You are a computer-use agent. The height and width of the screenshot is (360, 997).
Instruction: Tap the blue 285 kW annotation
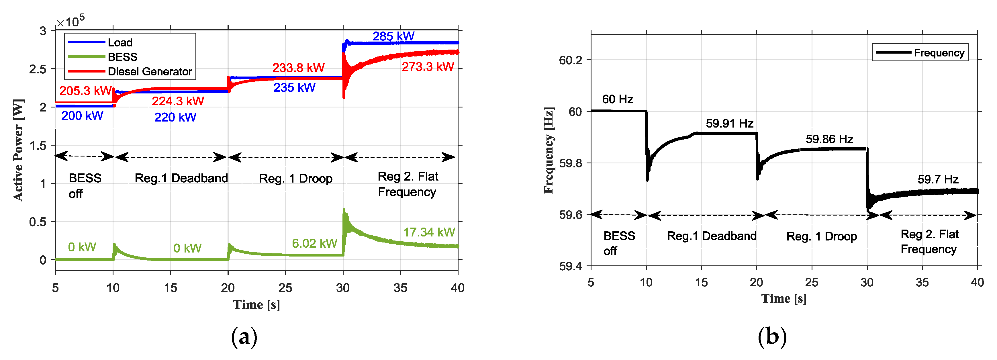[x=393, y=36]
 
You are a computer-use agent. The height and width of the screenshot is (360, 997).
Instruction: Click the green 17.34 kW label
[x=429, y=232]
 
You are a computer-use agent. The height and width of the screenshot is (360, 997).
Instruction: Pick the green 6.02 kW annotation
[x=314, y=243]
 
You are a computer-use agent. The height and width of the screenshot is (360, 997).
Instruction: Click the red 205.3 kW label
[x=85, y=91]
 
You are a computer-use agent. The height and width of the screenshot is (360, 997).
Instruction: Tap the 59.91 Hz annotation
[x=729, y=124]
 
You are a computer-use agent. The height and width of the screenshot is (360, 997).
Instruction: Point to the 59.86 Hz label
[x=829, y=139]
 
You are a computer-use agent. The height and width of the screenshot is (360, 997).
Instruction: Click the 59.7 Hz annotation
[x=937, y=179]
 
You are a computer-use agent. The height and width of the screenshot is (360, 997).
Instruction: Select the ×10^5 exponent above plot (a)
[x=71, y=21]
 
